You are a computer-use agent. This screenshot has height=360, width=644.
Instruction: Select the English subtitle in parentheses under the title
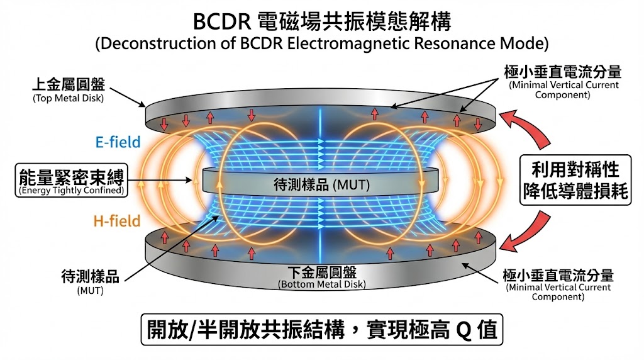coord(321,45)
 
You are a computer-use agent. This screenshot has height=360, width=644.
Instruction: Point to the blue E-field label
coord(118,143)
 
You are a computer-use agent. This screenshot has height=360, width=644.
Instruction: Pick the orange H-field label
coord(118,220)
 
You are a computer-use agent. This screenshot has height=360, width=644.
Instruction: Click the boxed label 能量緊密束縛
coord(70,176)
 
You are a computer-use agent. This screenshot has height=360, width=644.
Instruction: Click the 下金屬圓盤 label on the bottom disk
coord(321,272)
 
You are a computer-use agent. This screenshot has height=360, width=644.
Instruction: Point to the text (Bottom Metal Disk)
coord(321,284)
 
